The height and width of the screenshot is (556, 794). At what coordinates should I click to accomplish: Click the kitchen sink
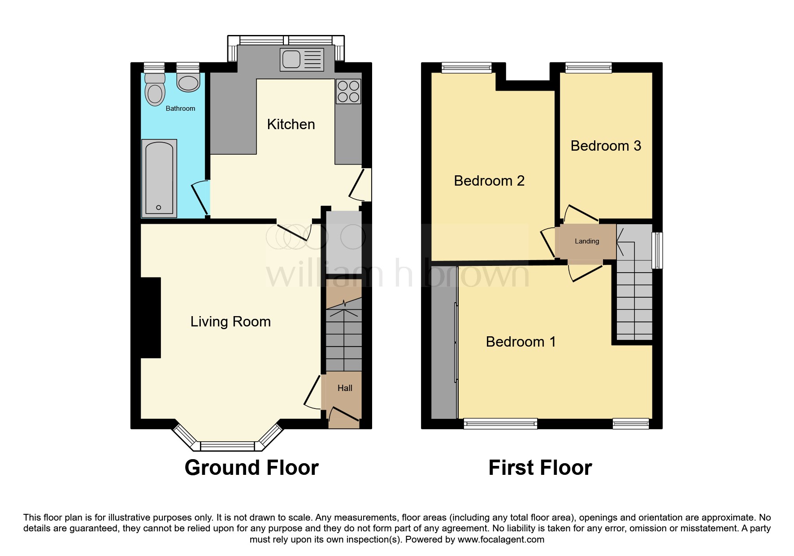(x=302, y=60)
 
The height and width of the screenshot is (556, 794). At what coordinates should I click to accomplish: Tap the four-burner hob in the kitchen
(x=348, y=91)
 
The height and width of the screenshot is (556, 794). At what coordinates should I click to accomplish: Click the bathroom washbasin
(x=188, y=82)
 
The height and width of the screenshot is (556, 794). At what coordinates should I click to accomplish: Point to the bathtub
(x=159, y=178)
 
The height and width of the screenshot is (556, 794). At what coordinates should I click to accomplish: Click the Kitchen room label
(x=291, y=124)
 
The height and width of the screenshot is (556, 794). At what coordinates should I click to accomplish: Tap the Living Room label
(x=230, y=321)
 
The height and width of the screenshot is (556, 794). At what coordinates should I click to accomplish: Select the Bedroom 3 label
(x=606, y=146)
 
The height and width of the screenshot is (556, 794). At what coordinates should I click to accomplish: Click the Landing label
(x=586, y=241)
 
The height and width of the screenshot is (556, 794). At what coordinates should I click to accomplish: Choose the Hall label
(x=345, y=388)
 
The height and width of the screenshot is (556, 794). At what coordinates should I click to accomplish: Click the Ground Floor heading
(x=252, y=468)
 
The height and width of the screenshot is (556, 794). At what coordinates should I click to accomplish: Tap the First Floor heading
(x=540, y=468)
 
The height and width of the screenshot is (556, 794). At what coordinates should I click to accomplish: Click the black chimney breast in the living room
(x=151, y=317)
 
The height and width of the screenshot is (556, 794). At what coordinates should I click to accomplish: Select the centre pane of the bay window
(x=227, y=446)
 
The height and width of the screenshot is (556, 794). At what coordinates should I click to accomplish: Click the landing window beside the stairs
(x=657, y=250)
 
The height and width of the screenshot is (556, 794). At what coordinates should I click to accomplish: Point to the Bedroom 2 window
(x=466, y=68)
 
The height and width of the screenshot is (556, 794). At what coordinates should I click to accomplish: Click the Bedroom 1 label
(x=521, y=342)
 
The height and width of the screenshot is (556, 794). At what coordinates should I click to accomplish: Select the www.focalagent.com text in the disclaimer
(x=501, y=539)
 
